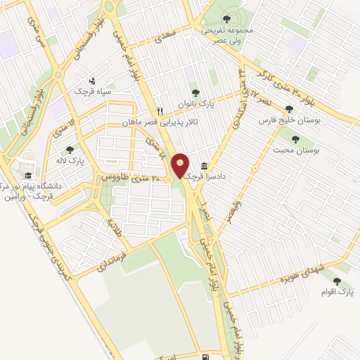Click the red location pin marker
click(181, 166)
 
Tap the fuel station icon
click(205, 340)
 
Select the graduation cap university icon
click(28, 176)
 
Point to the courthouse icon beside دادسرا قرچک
click(204, 166)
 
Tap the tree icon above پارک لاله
click(70, 150)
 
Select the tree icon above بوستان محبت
click(295, 139)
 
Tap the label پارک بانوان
click(195, 105)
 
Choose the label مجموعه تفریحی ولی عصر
click(226, 35)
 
